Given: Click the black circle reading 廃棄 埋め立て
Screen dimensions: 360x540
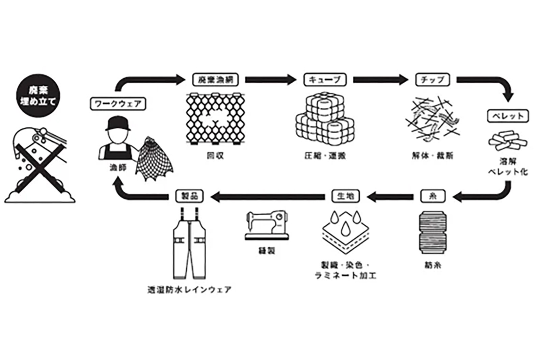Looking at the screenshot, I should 38,95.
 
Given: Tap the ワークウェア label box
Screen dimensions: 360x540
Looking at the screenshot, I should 118,104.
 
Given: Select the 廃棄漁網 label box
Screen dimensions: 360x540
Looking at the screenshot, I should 215,80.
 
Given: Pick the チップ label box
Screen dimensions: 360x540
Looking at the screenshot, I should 432,80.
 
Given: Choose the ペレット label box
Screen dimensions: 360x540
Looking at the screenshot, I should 508,116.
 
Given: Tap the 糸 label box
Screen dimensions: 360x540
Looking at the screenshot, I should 433,196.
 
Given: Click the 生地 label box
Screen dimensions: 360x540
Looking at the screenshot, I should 346,196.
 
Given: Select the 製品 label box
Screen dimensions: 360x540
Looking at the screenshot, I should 190,196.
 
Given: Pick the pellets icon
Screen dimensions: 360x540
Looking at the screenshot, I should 507,140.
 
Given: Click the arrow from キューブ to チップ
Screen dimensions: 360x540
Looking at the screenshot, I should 380,80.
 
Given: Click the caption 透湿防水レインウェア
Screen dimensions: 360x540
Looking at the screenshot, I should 190,289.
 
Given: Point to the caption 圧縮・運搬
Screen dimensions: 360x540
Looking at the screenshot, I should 325,156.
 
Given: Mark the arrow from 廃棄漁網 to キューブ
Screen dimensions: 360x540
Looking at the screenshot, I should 270,80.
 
